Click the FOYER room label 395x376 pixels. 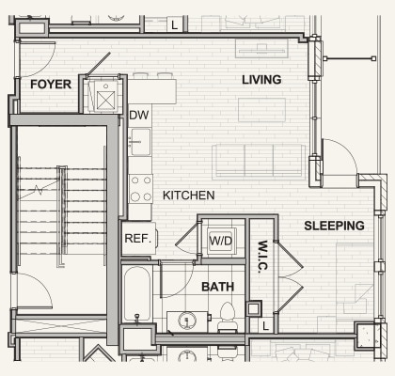point(51,84)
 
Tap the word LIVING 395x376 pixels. point(261,80)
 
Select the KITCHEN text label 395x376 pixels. point(188,196)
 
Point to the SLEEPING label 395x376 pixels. point(334,226)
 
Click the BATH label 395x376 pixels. point(217,287)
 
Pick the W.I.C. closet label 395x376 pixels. point(262,256)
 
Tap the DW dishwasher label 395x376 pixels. point(139,116)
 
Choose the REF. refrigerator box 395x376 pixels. point(137,239)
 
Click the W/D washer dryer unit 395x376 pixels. point(221,241)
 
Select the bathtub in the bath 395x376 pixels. point(137,295)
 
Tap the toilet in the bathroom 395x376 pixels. point(227,316)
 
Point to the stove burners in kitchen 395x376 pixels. point(140,189)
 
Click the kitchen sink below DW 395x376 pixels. point(139,143)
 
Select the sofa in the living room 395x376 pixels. point(258,161)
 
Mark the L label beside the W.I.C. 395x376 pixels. point(266,325)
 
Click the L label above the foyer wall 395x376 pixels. point(175,25)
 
